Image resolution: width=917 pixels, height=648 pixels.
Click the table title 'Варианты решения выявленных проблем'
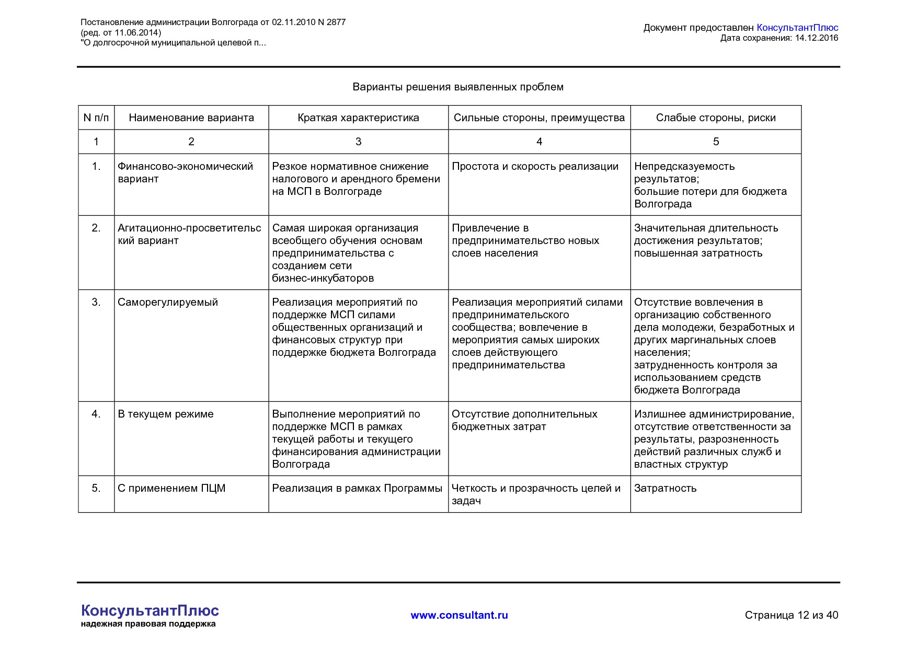pyautogui.click(x=458, y=87)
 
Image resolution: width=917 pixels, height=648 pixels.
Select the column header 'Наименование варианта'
pyautogui.click(x=191, y=118)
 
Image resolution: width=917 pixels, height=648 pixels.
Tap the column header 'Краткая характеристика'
pyautogui.click(x=358, y=118)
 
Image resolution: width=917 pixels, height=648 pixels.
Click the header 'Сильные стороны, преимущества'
pyautogui.click(x=539, y=118)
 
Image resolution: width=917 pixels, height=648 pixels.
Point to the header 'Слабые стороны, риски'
pyautogui.click(x=716, y=118)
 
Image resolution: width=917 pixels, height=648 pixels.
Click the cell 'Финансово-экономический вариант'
pyautogui.click(x=185, y=172)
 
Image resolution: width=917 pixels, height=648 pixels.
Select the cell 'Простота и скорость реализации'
pyautogui.click(x=535, y=166)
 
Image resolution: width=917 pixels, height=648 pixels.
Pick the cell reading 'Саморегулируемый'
pyautogui.click(x=168, y=302)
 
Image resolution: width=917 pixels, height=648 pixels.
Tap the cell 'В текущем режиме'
pyautogui.click(x=166, y=414)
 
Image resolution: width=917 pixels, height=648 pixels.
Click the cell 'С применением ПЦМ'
pyautogui.click(x=171, y=488)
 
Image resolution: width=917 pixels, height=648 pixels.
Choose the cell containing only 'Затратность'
pyautogui.click(x=665, y=488)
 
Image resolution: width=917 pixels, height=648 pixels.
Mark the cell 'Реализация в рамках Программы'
pyautogui.click(x=357, y=488)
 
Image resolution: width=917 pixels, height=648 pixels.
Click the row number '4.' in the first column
pyautogui.click(x=96, y=414)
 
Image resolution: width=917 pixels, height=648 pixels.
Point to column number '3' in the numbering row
pyautogui.click(x=358, y=142)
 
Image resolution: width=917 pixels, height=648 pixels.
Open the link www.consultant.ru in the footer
pyautogui.click(x=459, y=615)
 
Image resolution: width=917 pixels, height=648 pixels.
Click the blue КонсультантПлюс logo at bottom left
pyautogui.click(x=150, y=610)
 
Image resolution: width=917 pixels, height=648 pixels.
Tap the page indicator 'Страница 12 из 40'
pyautogui.click(x=791, y=615)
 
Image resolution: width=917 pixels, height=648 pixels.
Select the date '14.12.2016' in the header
pyautogui.click(x=816, y=38)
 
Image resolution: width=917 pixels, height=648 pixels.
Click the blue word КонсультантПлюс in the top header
pyautogui.click(x=797, y=28)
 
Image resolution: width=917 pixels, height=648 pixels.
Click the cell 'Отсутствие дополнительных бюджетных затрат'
pyautogui.click(x=524, y=420)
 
